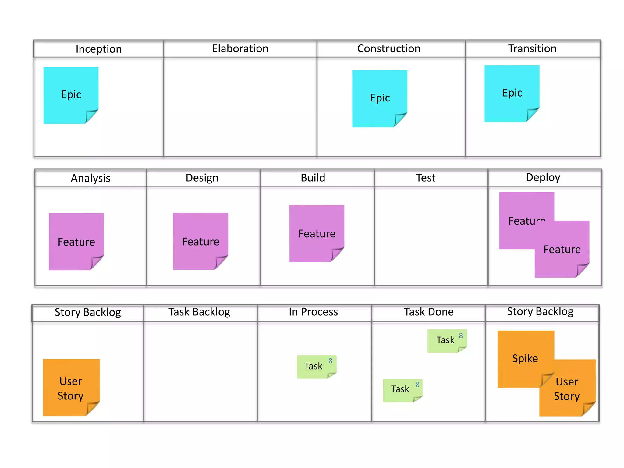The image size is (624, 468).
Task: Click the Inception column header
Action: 98,49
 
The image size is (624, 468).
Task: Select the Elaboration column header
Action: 240,49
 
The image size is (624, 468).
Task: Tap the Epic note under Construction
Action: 380,98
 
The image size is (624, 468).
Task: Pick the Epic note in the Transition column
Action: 512,93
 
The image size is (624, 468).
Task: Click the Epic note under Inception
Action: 71,95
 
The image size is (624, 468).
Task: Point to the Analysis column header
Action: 90,178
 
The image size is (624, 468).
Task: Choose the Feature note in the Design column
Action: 200,241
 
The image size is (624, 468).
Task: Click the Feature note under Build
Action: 317,233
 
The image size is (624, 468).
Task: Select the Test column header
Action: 425,178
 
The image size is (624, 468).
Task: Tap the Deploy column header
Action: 543,178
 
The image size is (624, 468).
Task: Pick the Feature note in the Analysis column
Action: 76,241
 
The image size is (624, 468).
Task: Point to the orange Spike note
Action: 525,358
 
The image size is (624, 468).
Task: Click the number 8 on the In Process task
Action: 331,361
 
